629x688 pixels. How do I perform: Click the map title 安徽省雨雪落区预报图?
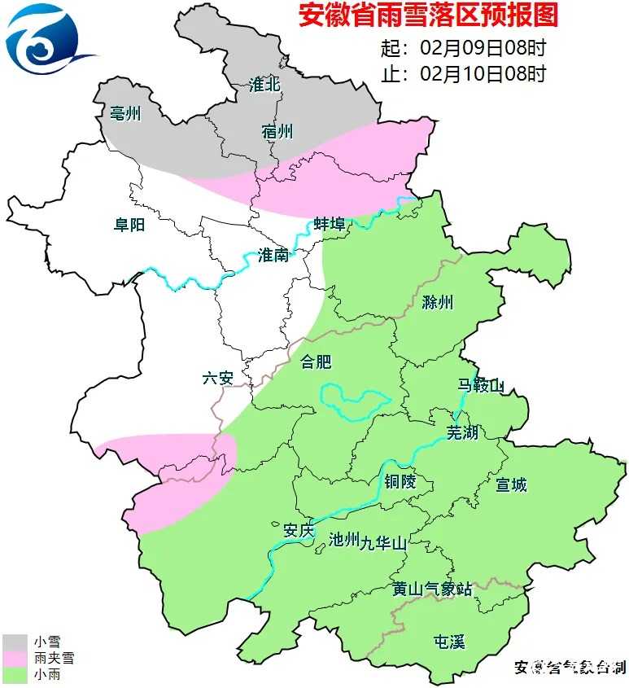tap(428, 16)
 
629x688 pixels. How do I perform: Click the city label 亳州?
tap(125, 113)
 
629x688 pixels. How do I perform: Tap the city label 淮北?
tap(265, 85)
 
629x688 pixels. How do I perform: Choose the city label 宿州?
tap(277, 132)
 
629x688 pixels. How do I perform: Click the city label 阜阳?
tap(129, 224)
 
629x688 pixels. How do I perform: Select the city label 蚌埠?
tap(330, 224)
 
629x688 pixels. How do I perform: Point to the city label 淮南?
tap(273, 255)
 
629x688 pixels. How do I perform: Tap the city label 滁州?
tap(438, 303)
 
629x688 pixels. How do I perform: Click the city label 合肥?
tap(317, 361)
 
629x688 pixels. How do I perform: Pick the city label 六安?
tap(218, 378)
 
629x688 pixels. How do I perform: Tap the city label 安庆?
tap(298, 530)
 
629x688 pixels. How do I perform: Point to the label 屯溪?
tap(449, 642)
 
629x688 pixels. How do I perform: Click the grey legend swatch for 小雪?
tap(14, 642)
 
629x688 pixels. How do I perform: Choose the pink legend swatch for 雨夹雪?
tap(14, 659)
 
